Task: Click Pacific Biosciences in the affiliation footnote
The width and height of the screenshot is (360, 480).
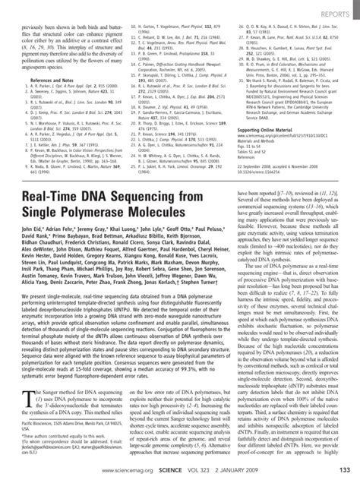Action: pos(39,437)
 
